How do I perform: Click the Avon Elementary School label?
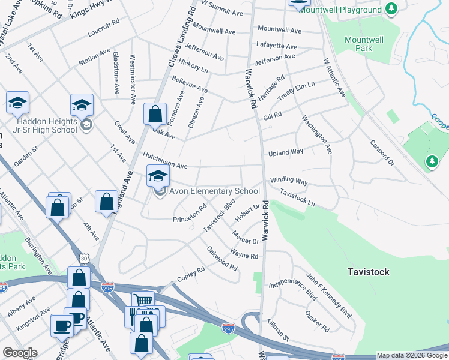pos(214,191)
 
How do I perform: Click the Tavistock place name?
pos(369,272)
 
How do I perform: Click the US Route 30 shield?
pos(82,259)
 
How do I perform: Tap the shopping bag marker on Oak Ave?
pos(155,114)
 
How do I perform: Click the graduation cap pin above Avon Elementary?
pos(158,175)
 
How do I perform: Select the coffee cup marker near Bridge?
pos(62,326)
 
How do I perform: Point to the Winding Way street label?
pos(289,181)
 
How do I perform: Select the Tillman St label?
pos(278,330)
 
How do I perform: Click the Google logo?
pos(20,353)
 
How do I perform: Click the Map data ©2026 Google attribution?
pos(412,355)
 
